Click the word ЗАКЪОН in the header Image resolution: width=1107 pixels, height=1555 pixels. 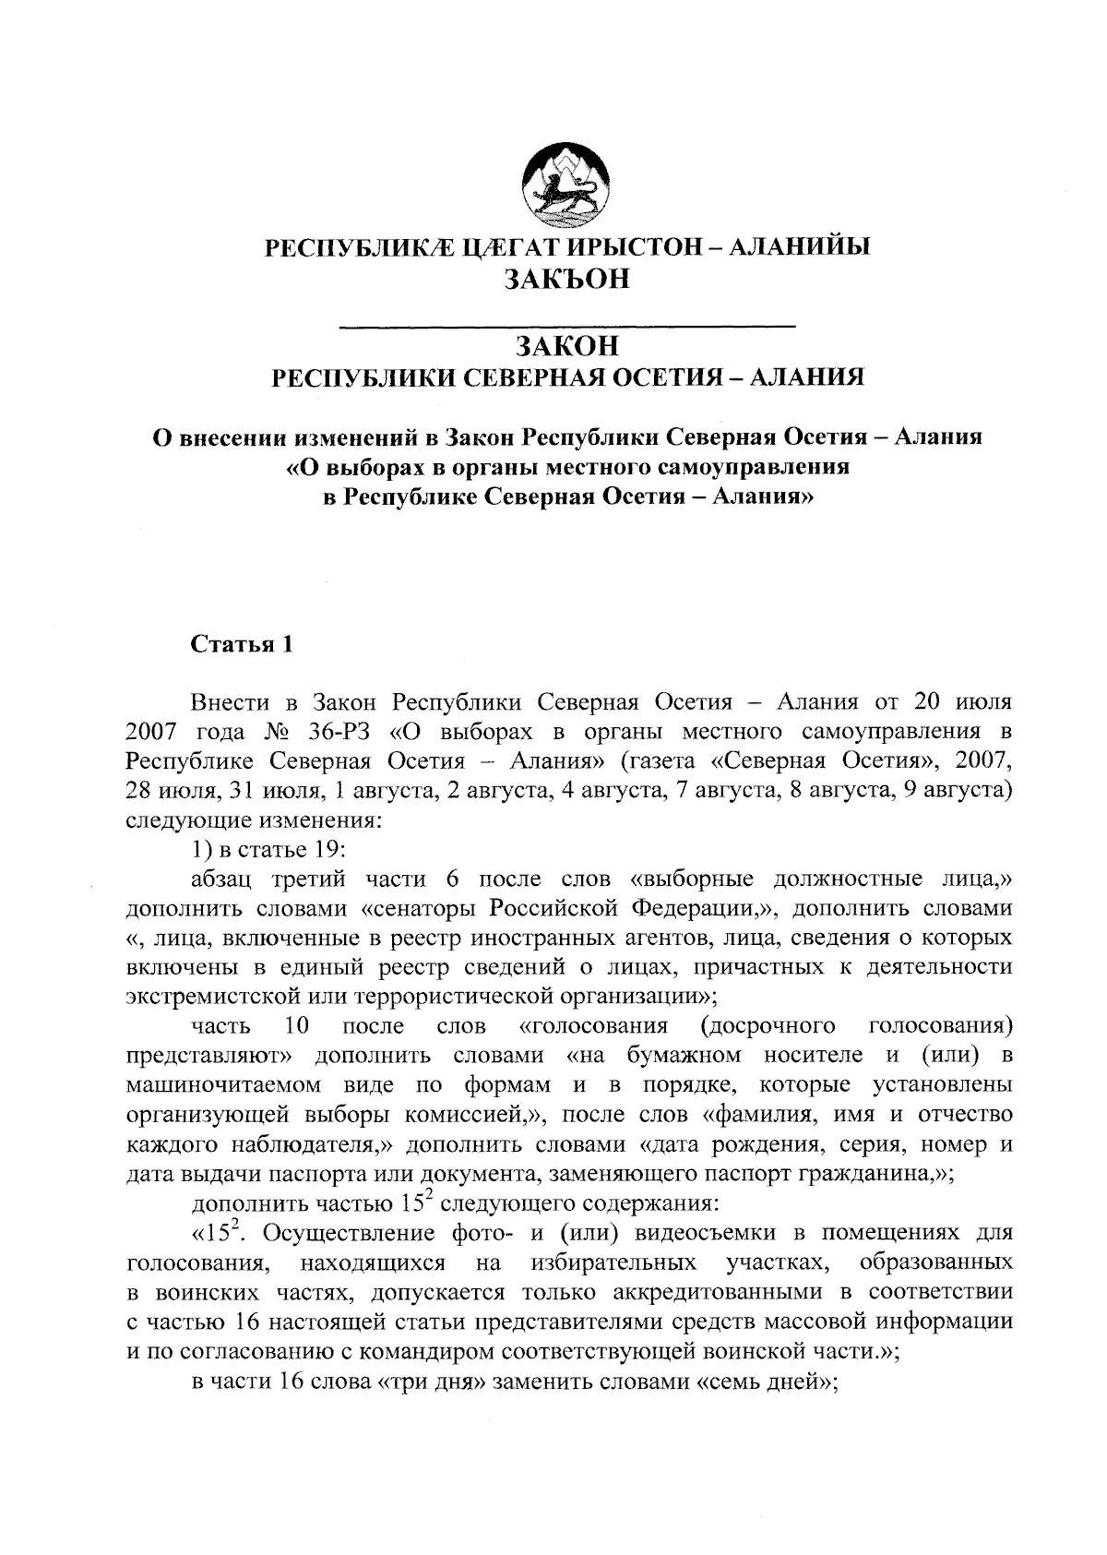tap(566, 278)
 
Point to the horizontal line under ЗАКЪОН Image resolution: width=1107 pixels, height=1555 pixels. tap(567, 325)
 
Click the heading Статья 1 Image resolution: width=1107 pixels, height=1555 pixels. tap(242, 644)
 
